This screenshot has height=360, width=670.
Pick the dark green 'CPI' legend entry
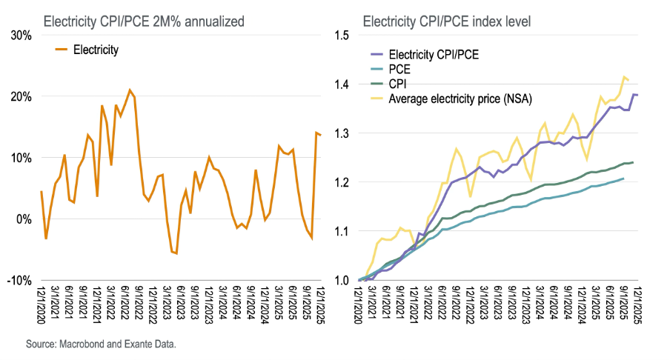click(x=399, y=83)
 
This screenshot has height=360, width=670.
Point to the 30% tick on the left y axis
click(x=21, y=36)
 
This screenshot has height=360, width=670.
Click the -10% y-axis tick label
click(x=19, y=280)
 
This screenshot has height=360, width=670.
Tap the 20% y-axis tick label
click(x=21, y=97)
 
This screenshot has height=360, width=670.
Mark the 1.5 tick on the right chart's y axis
click(x=342, y=36)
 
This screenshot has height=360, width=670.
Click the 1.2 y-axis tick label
click(x=342, y=182)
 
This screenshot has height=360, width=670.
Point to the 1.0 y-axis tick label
click(x=342, y=280)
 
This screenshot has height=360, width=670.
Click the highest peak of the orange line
click(x=130, y=90)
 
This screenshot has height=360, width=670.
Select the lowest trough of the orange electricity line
click(x=176, y=253)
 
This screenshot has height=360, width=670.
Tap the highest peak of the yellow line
click(x=625, y=76)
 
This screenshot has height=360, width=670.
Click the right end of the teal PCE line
click(x=623, y=179)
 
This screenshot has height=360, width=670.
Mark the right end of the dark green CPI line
click(x=633, y=162)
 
